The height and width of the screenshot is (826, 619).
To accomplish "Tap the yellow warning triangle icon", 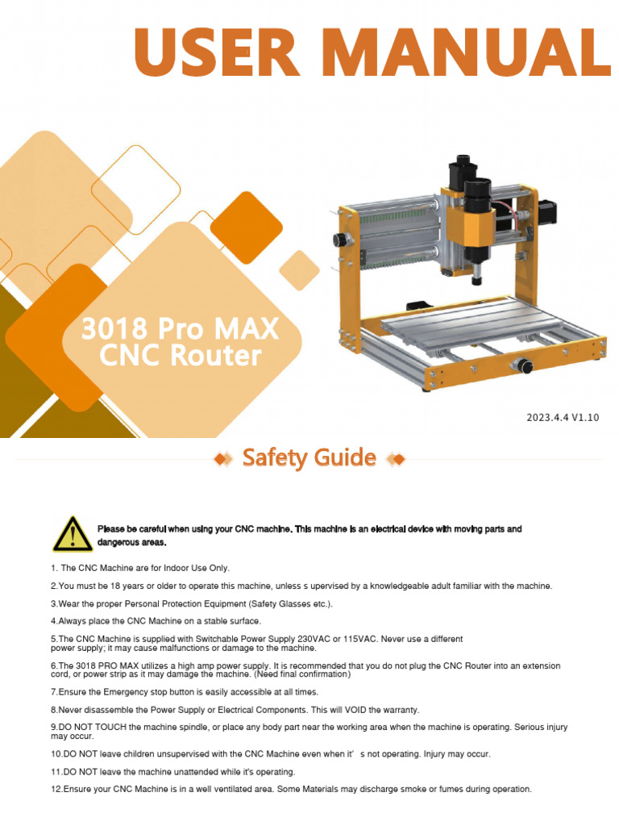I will tap(73, 535).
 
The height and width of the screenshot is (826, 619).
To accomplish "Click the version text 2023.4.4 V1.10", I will tap(563, 417).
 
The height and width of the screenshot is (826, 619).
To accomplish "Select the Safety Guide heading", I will tap(309, 458).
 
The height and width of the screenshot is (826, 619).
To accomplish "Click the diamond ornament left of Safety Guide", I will tap(222, 459).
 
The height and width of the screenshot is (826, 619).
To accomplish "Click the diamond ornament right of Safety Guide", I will tap(396, 459).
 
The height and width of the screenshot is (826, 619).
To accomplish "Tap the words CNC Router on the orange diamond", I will tap(180, 355).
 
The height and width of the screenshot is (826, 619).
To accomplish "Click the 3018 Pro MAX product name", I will tap(180, 328).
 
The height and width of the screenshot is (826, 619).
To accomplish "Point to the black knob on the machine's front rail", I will tap(525, 366).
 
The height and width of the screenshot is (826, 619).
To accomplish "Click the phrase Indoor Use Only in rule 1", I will tap(192, 568).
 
